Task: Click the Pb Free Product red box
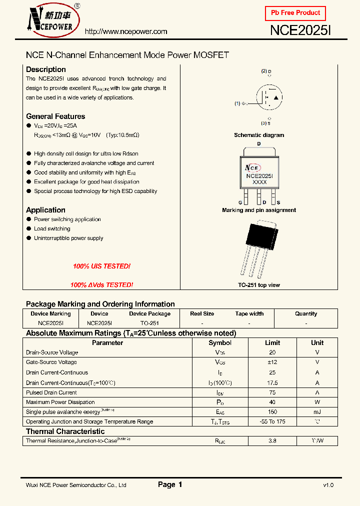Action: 295,13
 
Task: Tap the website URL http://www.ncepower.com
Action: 126,31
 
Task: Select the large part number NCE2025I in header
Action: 300,31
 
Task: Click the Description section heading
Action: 46,69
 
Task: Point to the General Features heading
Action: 55,116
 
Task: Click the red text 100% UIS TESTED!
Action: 101,266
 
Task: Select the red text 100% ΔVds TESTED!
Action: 101,285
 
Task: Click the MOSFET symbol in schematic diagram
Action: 269,97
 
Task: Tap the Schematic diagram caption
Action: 259,135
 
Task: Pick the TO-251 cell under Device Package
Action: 149,323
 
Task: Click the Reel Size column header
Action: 202,314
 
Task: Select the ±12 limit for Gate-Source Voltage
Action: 272,362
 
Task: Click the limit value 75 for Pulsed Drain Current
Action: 272,392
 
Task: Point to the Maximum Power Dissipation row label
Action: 60,402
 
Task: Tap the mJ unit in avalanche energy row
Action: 317,412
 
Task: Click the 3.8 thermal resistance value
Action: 272,441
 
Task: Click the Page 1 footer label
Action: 170,484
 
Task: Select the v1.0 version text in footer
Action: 328,485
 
